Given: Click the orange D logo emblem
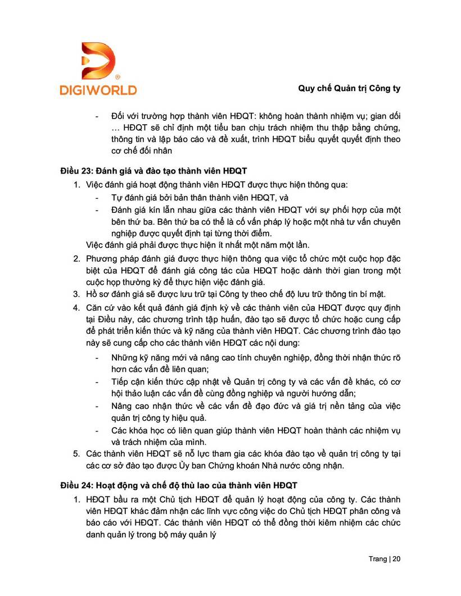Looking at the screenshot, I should point(98,61).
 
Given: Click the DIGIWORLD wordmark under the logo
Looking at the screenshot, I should point(98,89).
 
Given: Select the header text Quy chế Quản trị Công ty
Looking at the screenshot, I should point(348,88).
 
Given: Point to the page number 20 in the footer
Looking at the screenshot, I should point(396,559).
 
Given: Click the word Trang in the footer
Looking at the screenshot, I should point(377,559).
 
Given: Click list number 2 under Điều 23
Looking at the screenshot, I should point(77,258).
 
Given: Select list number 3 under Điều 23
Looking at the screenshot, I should point(77,293).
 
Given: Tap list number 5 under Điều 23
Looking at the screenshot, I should point(77,453).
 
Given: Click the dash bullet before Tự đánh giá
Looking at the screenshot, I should point(98,197).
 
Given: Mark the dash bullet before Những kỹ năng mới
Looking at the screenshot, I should point(98,358).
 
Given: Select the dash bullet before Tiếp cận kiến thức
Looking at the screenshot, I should point(98,382).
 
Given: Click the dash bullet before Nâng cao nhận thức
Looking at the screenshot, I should point(98,406).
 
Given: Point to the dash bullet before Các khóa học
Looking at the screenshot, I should point(98,430).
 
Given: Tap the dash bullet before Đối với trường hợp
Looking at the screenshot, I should point(98,116).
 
